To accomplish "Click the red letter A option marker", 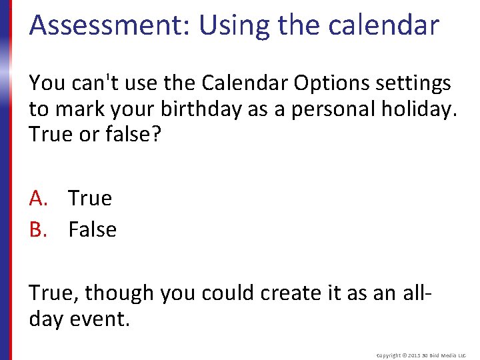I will pos(37,198).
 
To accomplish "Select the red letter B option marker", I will pos(37,229).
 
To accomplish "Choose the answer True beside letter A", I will pos(90,198).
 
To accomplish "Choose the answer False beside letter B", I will pos(92,229).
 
